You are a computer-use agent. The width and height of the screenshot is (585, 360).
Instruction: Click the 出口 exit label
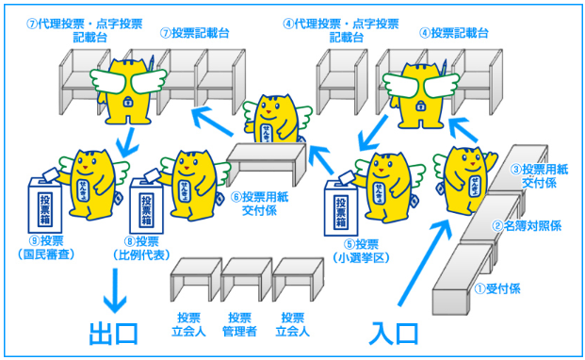[114, 334]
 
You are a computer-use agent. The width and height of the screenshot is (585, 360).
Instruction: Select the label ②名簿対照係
[531, 226]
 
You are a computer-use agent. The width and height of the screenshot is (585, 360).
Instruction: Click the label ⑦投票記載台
[195, 33]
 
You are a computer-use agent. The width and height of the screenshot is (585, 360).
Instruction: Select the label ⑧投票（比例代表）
[152, 248]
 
